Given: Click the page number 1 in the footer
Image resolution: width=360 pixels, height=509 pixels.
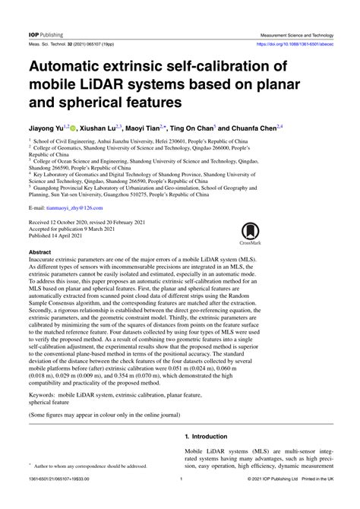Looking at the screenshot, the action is (x=181, y=501).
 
